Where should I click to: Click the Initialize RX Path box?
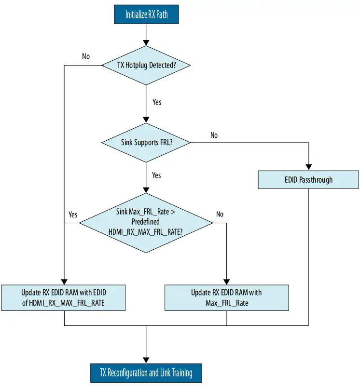pyautogui.click(x=146, y=14)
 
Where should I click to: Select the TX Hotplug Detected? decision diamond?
pyautogui.click(x=146, y=65)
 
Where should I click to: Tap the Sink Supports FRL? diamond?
pyautogui.click(x=146, y=142)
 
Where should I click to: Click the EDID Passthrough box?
pyautogui.click(x=308, y=180)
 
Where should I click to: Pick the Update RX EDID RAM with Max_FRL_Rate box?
pyautogui.click(x=227, y=297)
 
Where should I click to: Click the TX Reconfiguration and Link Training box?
pyautogui.click(x=146, y=373)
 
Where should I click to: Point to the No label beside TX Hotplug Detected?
pyautogui.click(x=86, y=56)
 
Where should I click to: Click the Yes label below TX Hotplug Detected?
pyautogui.click(x=157, y=102)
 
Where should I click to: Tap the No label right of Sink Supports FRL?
pyautogui.click(x=214, y=135)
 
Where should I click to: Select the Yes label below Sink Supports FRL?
pyautogui.click(x=156, y=175)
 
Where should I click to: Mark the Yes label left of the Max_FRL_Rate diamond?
pyautogui.click(x=73, y=214)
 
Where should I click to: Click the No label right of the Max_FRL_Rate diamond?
pyautogui.click(x=220, y=214)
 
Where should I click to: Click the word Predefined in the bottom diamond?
pyautogui.click(x=146, y=222)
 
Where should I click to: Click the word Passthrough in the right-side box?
pyautogui.click(x=316, y=180)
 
